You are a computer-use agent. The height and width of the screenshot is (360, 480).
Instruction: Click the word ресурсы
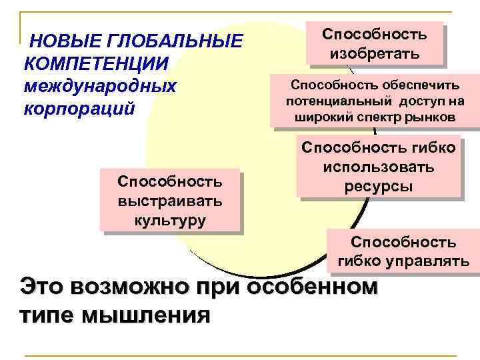pyautogui.click(x=379, y=186)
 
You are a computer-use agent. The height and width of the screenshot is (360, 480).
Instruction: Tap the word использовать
pyautogui.click(x=379, y=167)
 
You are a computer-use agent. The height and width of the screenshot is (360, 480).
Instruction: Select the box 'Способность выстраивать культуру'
pyautogui.click(x=169, y=201)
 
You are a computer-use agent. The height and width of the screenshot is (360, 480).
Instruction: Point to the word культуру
pyautogui.click(x=169, y=219)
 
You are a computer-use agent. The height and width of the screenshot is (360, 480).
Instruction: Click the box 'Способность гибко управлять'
pyautogui.click(x=403, y=251)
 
